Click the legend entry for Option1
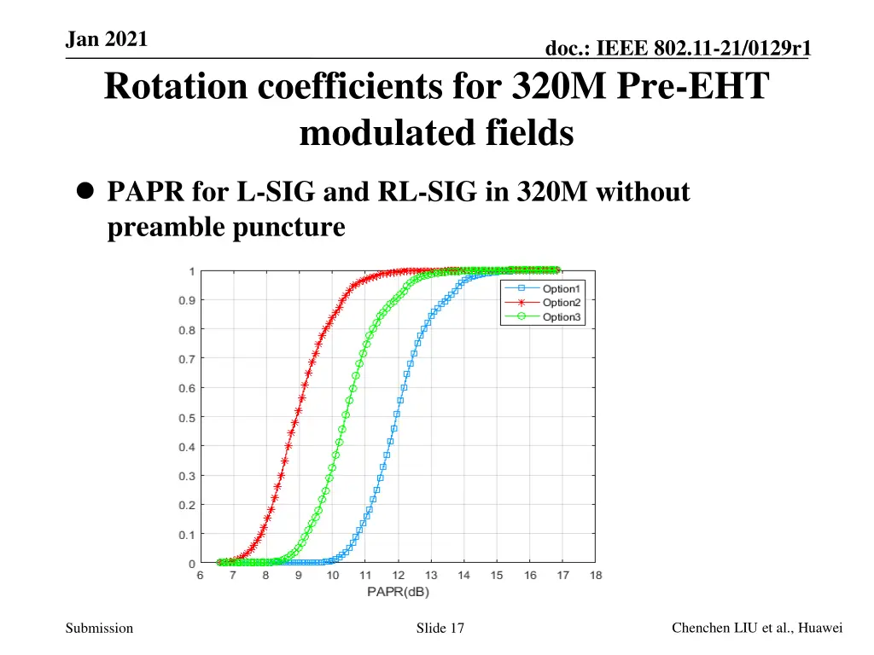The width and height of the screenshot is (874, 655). pyautogui.click(x=561, y=289)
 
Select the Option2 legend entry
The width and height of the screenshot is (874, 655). pyautogui.click(x=561, y=303)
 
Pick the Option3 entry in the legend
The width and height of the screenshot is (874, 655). pyautogui.click(x=561, y=317)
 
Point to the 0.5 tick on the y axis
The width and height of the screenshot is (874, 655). pyautogui.click(x=186, y=418)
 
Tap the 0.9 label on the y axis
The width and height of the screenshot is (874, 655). pyautogui.click(x=186, y=300)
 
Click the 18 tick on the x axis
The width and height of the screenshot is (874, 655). pyautogui.click(x=596, y=576)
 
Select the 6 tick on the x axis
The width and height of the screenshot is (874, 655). pyautogui.click(x=201, y=576)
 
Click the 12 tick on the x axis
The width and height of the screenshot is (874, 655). pyautogui.click(x=398, y=576)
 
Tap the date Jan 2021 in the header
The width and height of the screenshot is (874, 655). pyautogui.click(x=106, y=39)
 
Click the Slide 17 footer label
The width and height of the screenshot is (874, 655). pyautogui.click(x=440, y=629)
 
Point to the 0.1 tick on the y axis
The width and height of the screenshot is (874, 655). pyautogui.click(x=186, y=535)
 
